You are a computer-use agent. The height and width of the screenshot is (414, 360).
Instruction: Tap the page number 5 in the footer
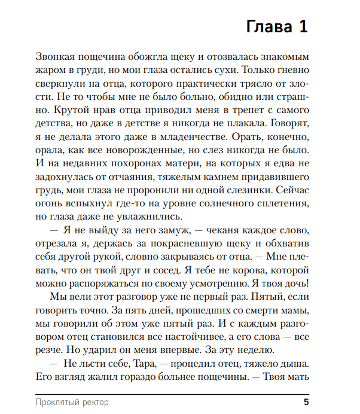click(x=306, y=401)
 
